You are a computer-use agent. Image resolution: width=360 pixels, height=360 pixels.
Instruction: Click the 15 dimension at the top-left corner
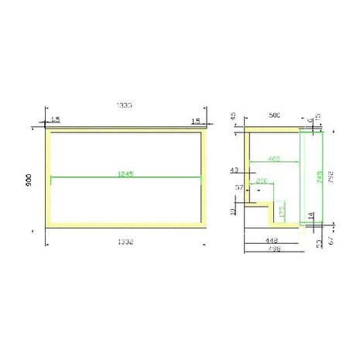coord(55,120)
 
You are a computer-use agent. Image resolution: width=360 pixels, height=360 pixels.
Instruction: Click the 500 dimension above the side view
coord(273,114)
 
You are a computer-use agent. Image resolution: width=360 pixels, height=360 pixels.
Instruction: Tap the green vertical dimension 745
coord(317,177)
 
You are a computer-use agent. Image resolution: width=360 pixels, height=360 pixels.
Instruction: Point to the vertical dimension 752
coord(331,177)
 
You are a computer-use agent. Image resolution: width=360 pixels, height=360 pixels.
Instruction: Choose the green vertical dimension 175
coord(282,210)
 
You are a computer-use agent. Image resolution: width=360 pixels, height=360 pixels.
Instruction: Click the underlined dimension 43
coord(235,170)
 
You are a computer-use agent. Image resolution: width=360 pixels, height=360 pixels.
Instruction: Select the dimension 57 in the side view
coord(239,187)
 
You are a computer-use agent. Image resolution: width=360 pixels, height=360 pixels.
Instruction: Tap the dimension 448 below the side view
coord(270,241)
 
